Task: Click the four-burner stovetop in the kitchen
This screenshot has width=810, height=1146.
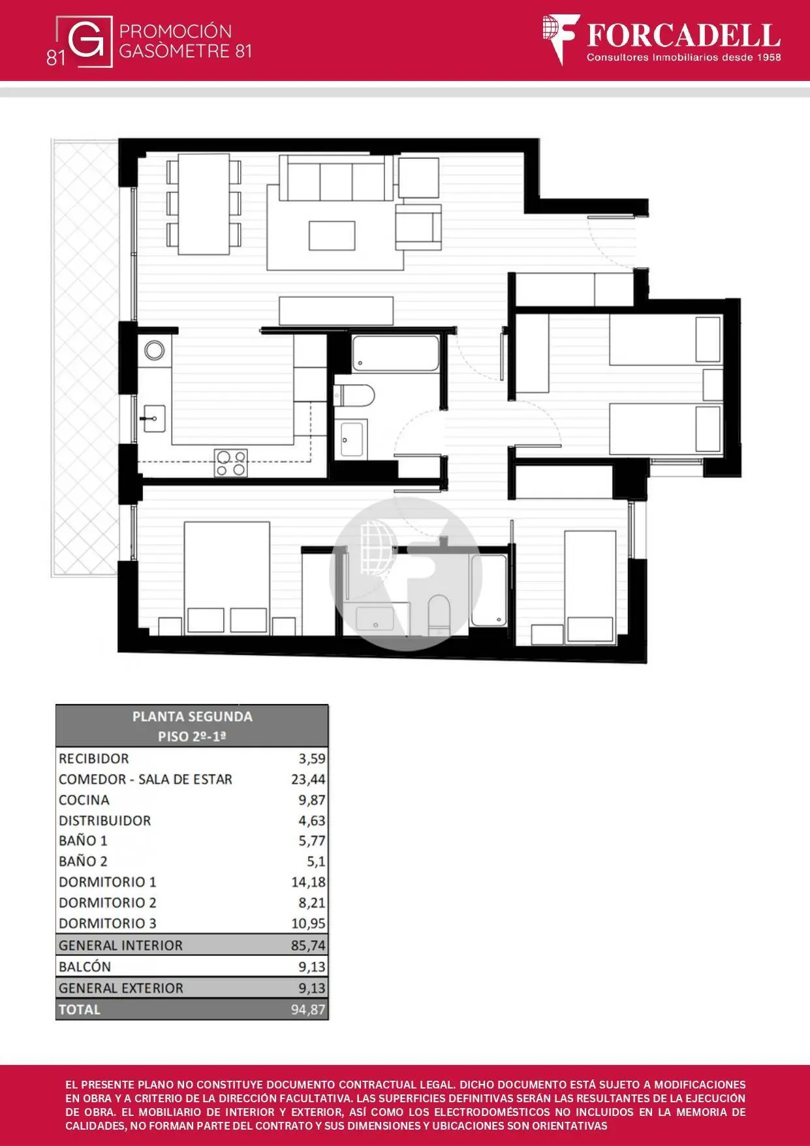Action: (x=231, y=463)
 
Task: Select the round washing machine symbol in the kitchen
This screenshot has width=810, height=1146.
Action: (x=154, y=351)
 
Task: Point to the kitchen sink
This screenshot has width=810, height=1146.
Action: (x=154, y=419)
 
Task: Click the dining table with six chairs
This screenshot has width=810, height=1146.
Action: (x=204, y=204)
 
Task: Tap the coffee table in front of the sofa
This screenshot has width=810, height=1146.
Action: (x=332, y=235)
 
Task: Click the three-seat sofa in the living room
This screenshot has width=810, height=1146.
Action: (x=336, y=178)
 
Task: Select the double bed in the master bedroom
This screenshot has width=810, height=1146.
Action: (x=226, y=577)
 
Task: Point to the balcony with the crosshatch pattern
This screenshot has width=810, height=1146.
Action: (x=85, y=358)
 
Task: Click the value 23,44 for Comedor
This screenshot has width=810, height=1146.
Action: (x=308, y=779)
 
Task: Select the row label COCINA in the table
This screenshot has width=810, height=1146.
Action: (x=84, y=800)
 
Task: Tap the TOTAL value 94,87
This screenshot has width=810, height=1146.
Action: (x=308, y=1010)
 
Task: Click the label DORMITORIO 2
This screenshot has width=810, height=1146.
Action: (x=108, y=902)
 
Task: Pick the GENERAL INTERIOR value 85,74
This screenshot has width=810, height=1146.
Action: (x=308, y=945)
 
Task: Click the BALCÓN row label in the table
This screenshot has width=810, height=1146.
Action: (x=85, y=966)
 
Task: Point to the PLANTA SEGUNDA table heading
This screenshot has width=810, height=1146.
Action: (x=193, y=716)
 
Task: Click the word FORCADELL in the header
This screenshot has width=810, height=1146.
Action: (x=683, y=35)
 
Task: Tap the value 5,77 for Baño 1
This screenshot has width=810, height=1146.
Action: (x=312, y=841)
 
